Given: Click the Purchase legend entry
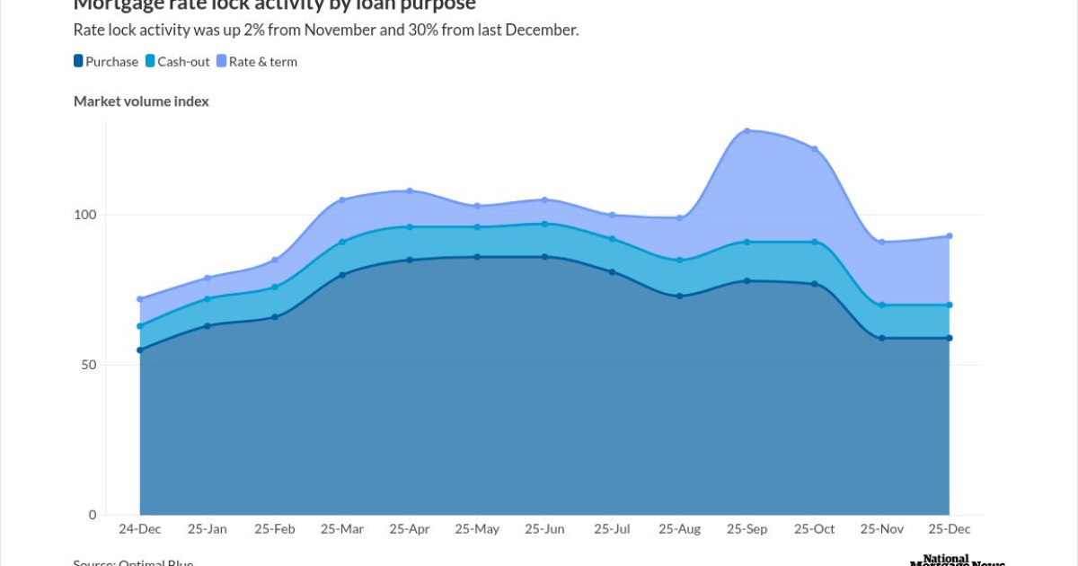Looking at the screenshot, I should pyautogui.click(x=107, y=62).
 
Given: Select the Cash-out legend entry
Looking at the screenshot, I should pyautogui.click(x=181, y=62).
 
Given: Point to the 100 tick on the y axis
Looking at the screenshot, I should pyautogui.click(x=84, y=215).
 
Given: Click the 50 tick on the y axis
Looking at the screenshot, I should pyautogui.click(x=88, y=365).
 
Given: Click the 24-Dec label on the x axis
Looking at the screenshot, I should pyautogui.click(x=140, y=529).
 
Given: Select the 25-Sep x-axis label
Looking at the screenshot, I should pyautogui.click(x=747, y=529).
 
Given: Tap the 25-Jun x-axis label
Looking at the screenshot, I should pyautogui.click(x=544, y=529).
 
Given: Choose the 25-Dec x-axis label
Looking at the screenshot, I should pyautogui.click(x=949, y=529).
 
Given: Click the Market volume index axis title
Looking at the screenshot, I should pyautogui.click(x=141, y=102).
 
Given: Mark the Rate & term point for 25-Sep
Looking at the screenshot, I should pyautogui.click(x=747, y=131).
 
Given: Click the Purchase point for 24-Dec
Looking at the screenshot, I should pyautogui.click(x=140, y=349).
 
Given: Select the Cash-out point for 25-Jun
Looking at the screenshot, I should pyautogui.click(x=544, y=224).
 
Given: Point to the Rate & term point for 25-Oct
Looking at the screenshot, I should pyautogui.click(x=814, y=149).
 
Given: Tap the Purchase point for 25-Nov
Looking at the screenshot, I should pyautogui.click(x=881, y=338).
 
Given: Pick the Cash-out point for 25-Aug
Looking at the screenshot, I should pyautogui.click(x=679, y=260).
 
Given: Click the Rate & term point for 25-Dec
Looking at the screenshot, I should pyautogui.click(x=949, y=236).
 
